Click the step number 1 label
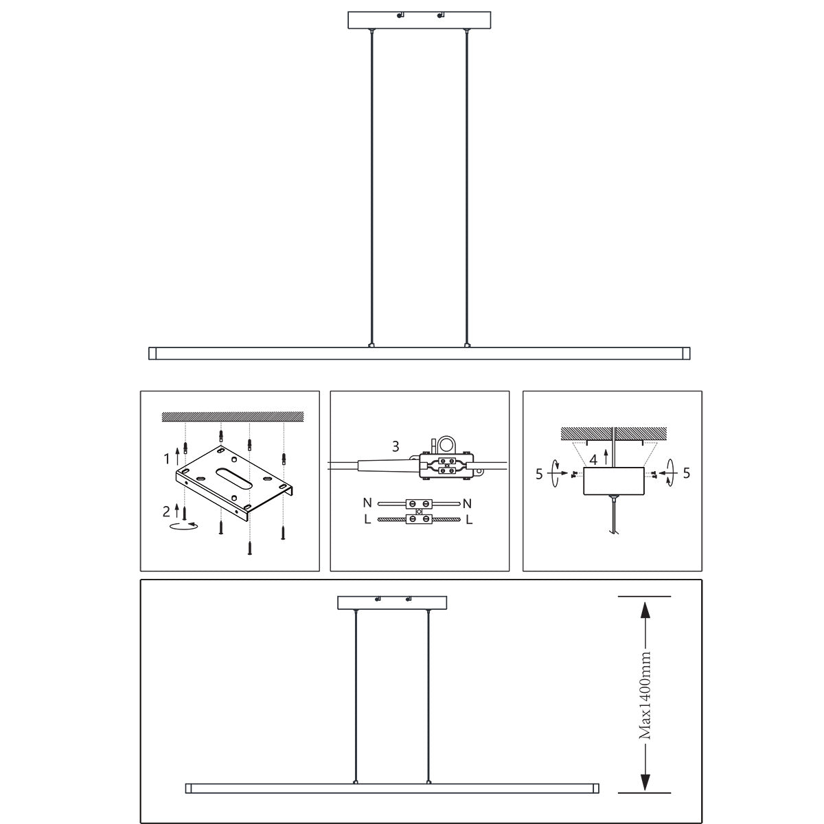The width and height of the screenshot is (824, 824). [x=166, y=457]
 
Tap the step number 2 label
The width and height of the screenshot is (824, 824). [x=166, y=511]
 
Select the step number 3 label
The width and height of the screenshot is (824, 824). [x=396, y=446]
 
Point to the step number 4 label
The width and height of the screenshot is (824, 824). [x=593, y=461]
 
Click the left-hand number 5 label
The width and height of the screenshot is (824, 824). [x=540, y=472]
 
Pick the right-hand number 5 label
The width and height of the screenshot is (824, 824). [x=687, y=472]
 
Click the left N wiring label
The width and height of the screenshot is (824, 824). [x=367, y=503]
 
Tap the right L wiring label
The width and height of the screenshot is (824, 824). [x=469, y=520]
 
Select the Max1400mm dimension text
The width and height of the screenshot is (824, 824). [x=645, y=695]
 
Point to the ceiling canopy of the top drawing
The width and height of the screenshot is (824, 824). [x=420, y=20]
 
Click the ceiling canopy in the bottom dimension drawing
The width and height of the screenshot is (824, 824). [x=392, y=602]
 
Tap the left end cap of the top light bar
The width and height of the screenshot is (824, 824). [x=153, y=354]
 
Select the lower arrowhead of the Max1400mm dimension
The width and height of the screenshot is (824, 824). [x=645, y=782]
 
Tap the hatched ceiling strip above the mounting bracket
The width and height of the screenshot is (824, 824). [x=232, y=417]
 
